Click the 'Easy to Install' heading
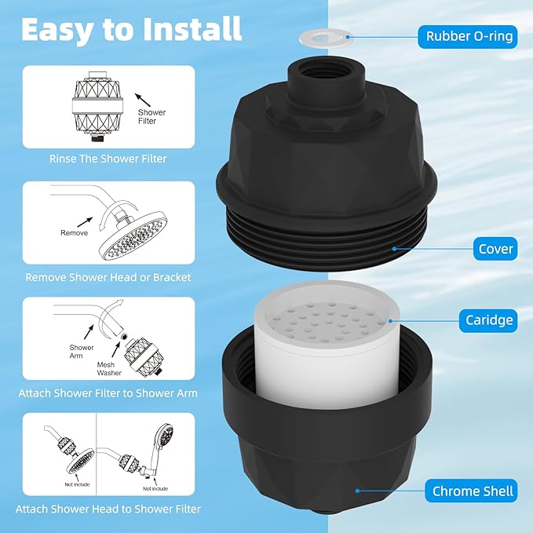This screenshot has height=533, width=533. click(131, 29)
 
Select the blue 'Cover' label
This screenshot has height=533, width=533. click(495, 250)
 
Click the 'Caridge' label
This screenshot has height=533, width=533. click(488, 319)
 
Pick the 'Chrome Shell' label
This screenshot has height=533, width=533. click(473, 492)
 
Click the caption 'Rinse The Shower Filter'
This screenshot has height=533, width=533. click(108, 159)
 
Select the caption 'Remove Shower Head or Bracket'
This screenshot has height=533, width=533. click(108, 277)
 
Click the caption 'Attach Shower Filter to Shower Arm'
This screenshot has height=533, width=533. click(108, 392)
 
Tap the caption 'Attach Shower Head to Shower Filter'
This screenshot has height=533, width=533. click(109, 509)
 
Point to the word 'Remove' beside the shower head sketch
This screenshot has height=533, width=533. click(75, 233)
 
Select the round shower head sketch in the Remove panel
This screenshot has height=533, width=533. click(132, 235)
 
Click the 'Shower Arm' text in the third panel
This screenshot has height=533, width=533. click(82, 352)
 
